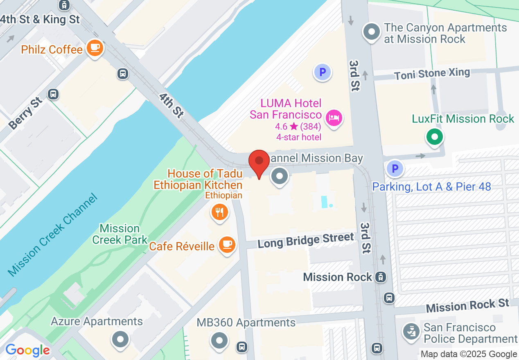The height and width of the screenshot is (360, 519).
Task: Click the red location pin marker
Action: (x=259, y=162)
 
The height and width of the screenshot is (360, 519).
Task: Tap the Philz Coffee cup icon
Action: (x=95, y=48)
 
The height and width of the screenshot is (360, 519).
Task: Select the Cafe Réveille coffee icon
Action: (x=226, y=245)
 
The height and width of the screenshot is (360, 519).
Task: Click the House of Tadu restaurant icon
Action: (x=220, y=212)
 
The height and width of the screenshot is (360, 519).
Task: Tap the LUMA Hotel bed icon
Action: (x=334, y=119)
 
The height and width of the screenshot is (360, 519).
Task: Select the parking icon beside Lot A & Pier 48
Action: (x=395, y=169)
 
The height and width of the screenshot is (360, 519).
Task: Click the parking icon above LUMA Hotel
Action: (x=323, y=72)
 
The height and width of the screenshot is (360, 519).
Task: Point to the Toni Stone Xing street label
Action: (x=432, y=74)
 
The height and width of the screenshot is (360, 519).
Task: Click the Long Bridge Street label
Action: (x=306, y=240)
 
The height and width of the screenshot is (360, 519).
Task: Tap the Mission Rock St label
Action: (x=467, y=305)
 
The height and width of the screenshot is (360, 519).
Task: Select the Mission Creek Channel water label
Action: (x=52, y=235)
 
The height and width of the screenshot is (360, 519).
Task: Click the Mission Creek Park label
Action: (x=120, y=234)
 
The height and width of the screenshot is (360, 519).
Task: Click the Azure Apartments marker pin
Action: (x=120, y=339)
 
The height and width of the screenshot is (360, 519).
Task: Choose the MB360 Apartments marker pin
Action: (x=219, y=340)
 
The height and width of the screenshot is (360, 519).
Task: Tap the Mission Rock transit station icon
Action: (x=381, y=277)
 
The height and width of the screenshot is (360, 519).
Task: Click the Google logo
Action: (x=27, y=350)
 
